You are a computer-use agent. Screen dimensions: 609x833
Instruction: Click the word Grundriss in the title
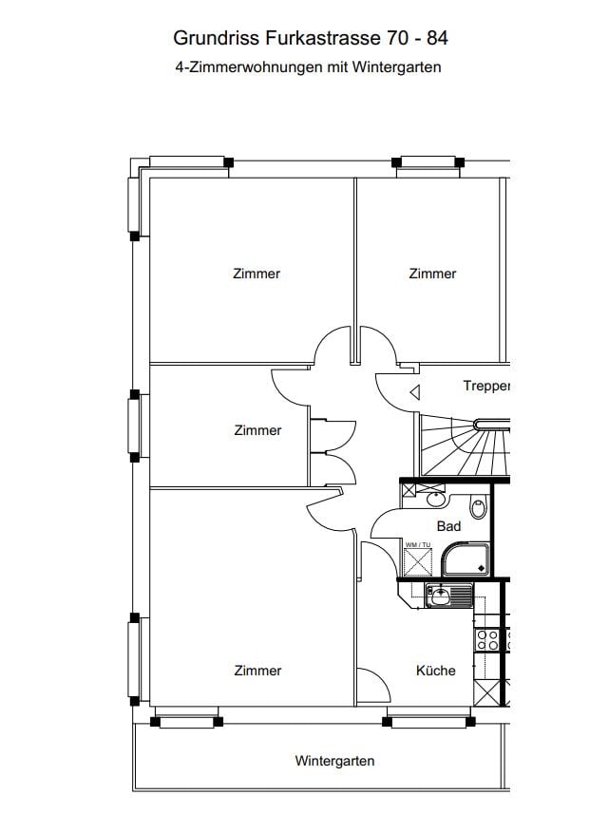(x=216, y=38)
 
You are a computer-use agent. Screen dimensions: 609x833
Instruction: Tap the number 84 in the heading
(x=437, y=38)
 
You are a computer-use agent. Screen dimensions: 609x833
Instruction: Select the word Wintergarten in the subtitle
(x=396, y=67)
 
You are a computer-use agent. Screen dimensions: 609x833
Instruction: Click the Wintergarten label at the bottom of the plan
(x=334, y=761)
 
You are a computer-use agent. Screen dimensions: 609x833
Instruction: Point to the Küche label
(x=436, y=671)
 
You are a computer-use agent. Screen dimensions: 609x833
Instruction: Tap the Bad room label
(x=448, y=526)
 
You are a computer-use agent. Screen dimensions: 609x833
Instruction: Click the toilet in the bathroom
(x=478, y=508)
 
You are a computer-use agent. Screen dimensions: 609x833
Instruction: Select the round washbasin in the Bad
(x=436, y=500)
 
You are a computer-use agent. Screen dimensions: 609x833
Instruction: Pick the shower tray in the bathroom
(x=466, y=558)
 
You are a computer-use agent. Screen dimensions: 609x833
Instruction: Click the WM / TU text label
(x=418, y=544)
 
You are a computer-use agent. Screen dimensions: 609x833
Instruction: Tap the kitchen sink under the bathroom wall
(x=448, y=595)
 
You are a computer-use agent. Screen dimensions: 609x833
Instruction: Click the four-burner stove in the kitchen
(x=487, y=639)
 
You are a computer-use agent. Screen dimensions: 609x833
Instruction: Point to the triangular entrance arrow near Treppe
(x=415, y=392)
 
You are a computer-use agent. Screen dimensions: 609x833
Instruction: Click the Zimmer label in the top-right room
(x=432, y=274)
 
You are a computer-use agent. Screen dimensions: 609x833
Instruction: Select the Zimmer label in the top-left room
(x=257, y=274)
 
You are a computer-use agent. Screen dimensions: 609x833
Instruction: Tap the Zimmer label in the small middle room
(x=257, y=430)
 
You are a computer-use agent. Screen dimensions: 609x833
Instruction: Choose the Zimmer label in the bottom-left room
(x=257, y=671)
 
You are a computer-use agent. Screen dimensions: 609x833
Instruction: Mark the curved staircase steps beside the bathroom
(x=465, y=446)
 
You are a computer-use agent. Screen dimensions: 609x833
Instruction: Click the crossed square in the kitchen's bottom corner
(x=486, y=692)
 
